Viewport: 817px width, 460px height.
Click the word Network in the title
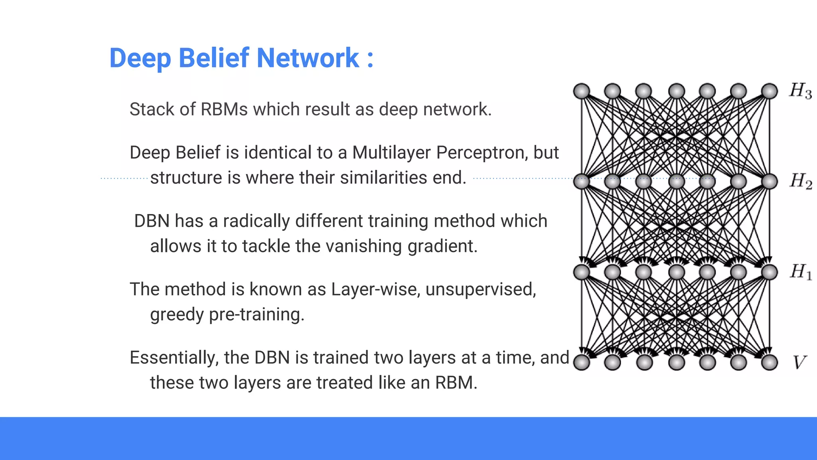click(x=308, y=58)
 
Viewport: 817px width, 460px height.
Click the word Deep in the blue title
click(x=140, y=58)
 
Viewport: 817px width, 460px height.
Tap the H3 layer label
click(x=800, y=91)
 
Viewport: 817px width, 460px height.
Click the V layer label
click(x=799, y=363)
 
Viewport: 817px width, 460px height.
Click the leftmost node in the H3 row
click(x=582, y=91)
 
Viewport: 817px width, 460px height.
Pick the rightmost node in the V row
click(x=770, y=363)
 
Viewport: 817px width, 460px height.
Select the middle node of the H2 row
click(x=677, y=181)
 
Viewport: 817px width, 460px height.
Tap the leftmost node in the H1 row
click(x=582, y=272)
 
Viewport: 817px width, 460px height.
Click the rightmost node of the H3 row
click(x=770, y=91)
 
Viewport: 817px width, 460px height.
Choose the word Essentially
click(x=174, y=358)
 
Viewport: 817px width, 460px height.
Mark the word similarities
click(x=381, y=178)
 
